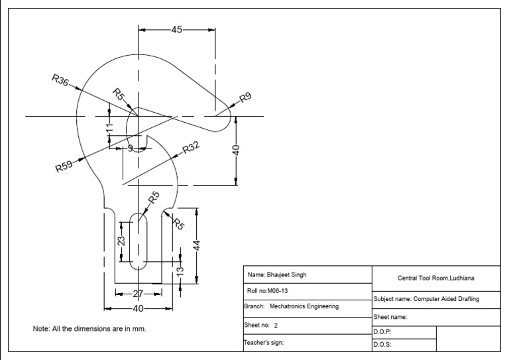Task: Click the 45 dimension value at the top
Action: (177, 30)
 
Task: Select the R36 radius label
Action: (60, 80)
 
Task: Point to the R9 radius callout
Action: (245, 97)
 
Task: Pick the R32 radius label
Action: (190, 147)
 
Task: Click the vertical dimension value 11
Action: (110, 127)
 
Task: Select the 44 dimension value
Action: (196, 245)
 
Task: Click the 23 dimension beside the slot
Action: (121, 241)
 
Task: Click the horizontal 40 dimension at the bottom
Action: (139, 308)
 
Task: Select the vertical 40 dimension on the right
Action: (236, 150)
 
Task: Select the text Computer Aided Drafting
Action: (446, 299)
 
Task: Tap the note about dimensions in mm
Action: (89, 328)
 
